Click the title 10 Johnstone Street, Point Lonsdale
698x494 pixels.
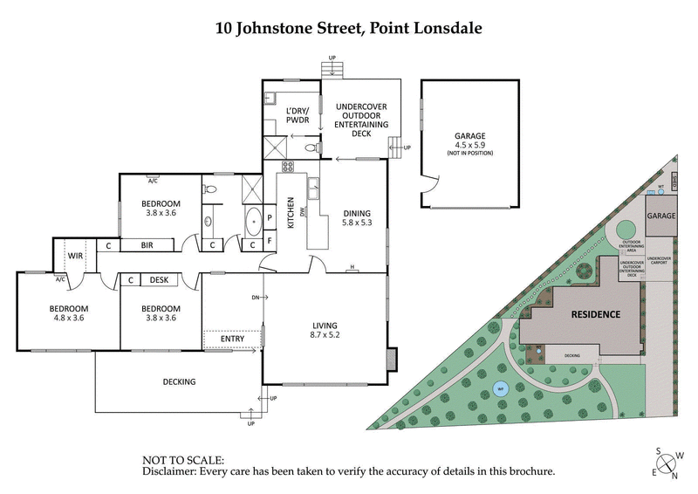tap(349, 27)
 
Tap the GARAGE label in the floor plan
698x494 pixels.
tap(469, 136)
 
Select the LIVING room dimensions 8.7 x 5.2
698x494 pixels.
tap(325, 335)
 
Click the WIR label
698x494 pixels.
tap(74, 257)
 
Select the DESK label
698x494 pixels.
tap(159, 280)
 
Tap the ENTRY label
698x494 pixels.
tap(233, 338)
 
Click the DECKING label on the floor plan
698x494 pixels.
tap(179, 381)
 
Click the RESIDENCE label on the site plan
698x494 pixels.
tap(595, 314)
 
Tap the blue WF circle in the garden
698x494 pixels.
tap(500, 390)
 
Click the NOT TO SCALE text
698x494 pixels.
tap(183, 459)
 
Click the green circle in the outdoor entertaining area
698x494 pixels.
tap(626, 230)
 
